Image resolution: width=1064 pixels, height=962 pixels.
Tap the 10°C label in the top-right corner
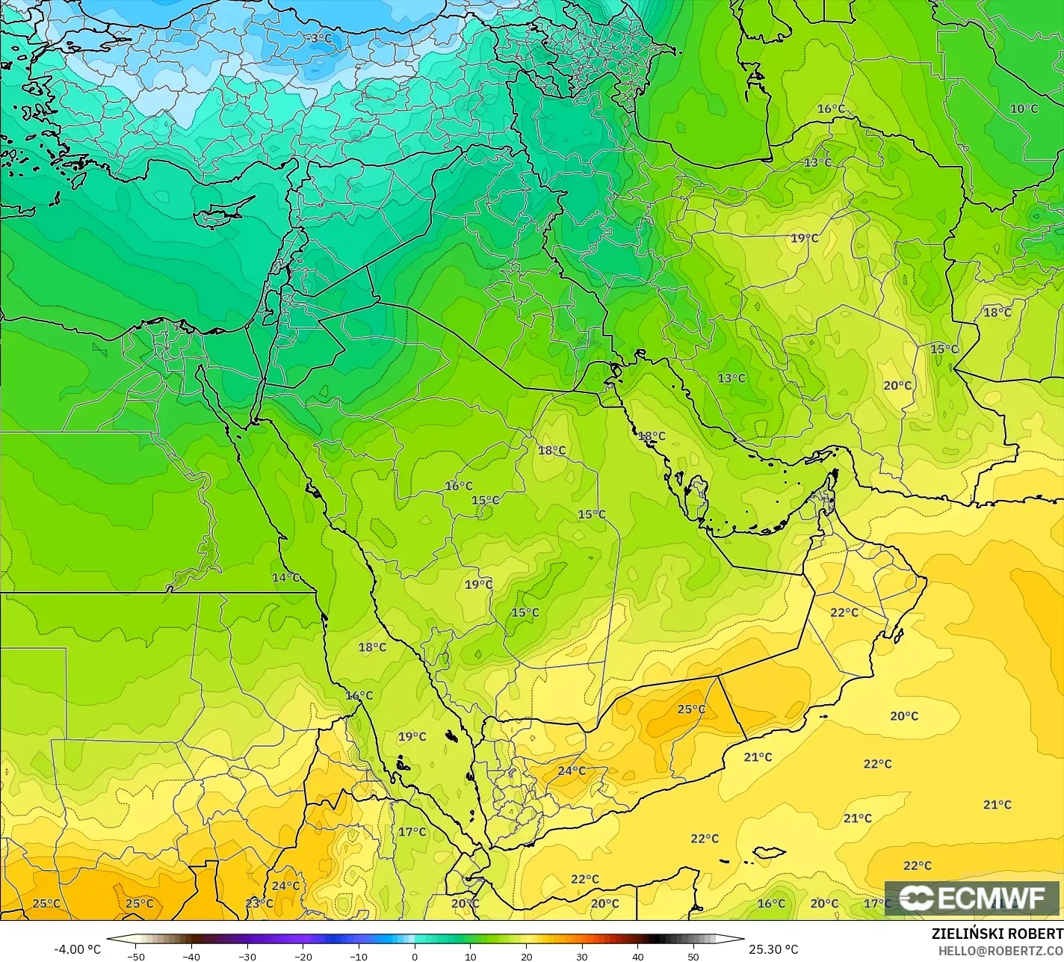coord(1024,108)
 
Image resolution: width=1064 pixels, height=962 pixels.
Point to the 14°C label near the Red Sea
coord(285,578)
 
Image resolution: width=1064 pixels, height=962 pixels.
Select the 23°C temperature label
coord(259,903)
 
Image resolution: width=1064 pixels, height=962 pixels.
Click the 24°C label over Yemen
coord(572,771)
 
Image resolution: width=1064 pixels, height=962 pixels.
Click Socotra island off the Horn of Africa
coord(768,852)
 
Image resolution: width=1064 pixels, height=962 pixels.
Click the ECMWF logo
coord(972,898)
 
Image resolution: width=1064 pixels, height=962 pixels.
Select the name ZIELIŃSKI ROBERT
coord(997,934)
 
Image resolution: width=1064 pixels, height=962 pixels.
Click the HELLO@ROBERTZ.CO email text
coord(1000,950)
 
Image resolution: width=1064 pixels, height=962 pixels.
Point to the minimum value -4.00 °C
coord(77,949)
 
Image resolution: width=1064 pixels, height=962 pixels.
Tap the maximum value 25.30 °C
coord(773,949)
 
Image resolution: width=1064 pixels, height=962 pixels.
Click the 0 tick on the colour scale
coord(415,956)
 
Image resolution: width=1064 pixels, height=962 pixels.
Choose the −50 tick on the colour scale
coord(135,956)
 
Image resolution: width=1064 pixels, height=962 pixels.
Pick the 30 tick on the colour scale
coord(582,956)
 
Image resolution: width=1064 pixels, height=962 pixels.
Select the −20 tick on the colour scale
coord(303,956)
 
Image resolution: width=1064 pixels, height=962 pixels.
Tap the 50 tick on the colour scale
coord(693,956)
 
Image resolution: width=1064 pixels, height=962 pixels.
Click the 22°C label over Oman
coord(844,612)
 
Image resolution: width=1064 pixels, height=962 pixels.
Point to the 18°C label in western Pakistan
coord(997,312)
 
